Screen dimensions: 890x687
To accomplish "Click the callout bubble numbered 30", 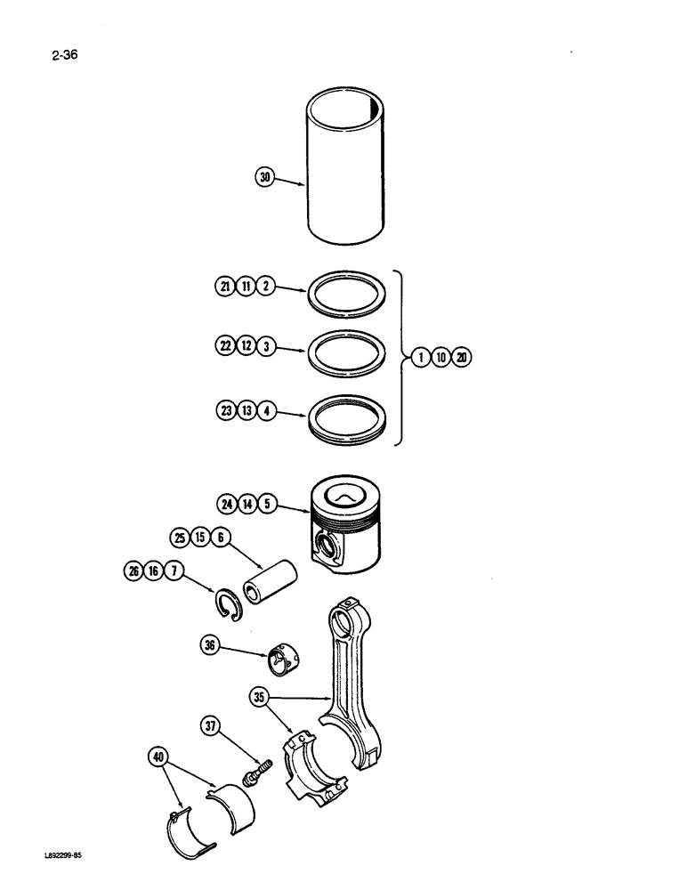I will click(x=264, y=178).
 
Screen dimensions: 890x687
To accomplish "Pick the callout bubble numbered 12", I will click(x=246, y=347).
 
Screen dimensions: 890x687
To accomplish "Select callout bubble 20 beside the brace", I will click(x=462, y=359).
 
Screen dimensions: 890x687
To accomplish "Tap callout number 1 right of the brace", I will click(x=419, y=359).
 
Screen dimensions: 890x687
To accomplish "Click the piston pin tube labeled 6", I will click(x=272, y=591).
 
